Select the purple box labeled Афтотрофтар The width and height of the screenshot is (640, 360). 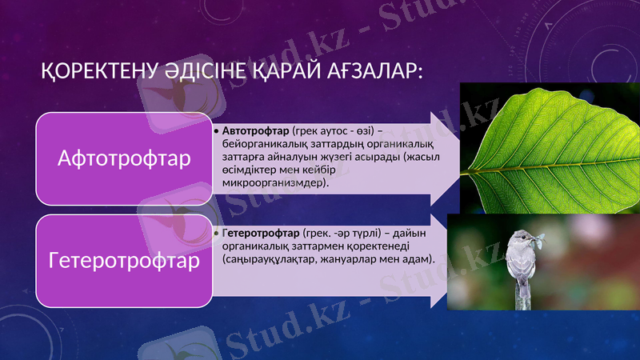point(124,158)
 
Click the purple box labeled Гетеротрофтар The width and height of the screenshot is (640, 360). point(124,261)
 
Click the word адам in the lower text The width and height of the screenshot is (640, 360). point(418,259)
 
